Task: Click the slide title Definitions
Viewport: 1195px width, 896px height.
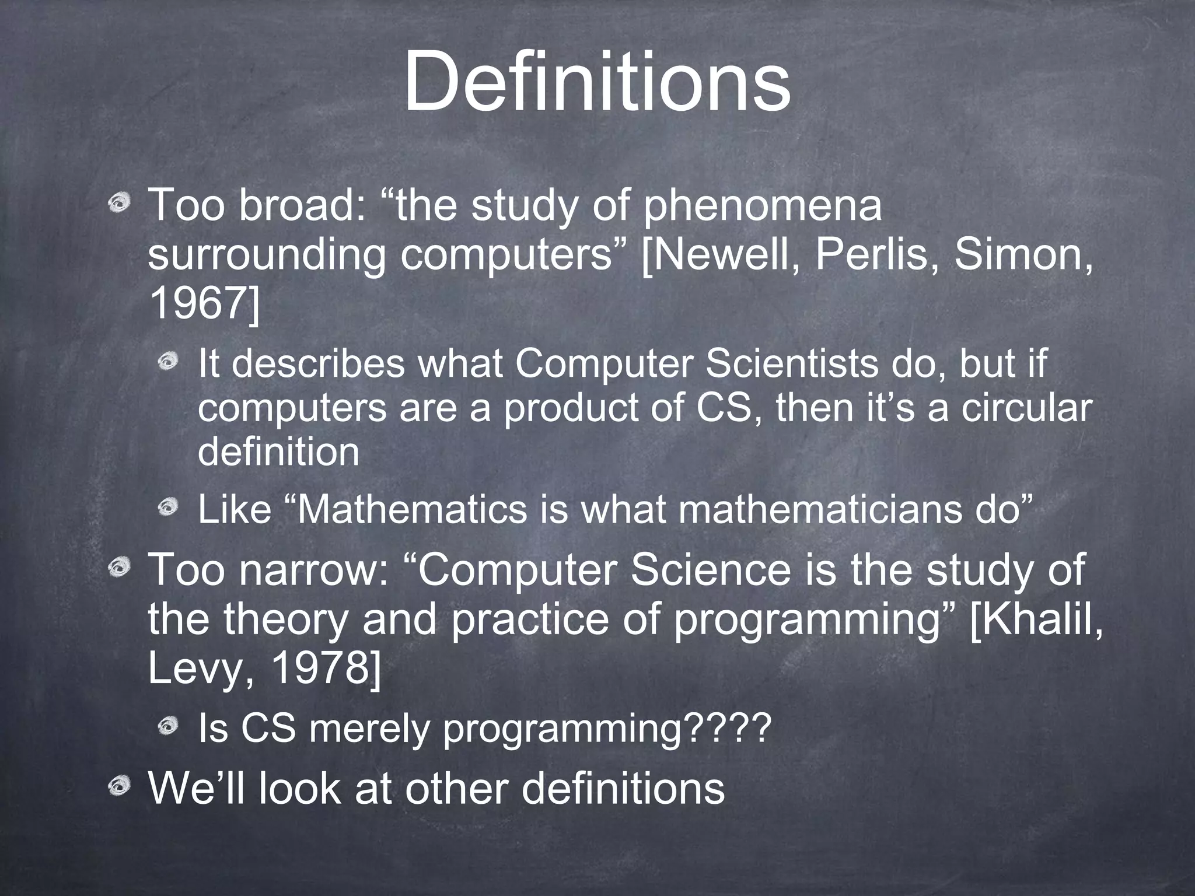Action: click(x=596, y=82)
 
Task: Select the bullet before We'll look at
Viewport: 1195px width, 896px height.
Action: click(x=121, y=789)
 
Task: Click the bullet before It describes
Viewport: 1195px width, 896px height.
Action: click(x=170, y=363)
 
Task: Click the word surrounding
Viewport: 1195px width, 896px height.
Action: click(x=266, y=255)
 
